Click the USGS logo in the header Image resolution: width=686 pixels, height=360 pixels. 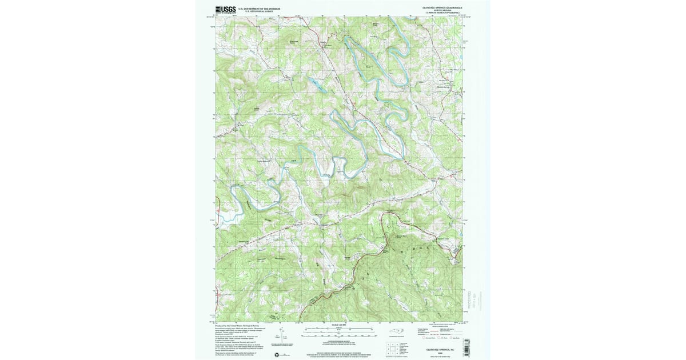225,9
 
